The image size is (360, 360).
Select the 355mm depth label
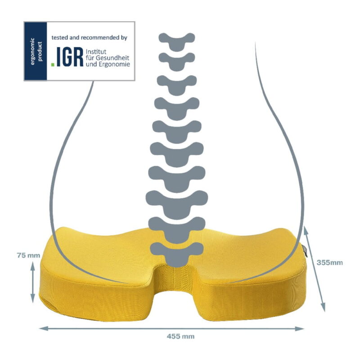pos(330,262)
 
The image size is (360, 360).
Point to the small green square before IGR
pos(53,64)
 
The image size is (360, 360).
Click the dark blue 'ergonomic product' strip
pos(36,51)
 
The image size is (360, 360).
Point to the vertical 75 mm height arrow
pos(32,283)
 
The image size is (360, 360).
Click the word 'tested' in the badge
pos(59,37)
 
